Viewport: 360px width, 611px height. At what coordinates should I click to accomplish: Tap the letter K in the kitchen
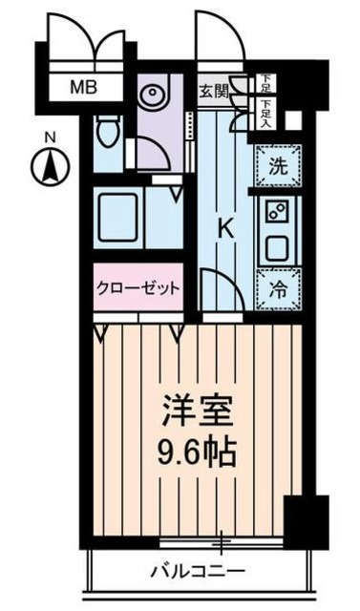(225, 228)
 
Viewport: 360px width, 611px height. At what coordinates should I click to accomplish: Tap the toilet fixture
(108, 133)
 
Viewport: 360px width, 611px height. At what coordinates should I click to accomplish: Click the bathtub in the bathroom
(118, 220)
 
